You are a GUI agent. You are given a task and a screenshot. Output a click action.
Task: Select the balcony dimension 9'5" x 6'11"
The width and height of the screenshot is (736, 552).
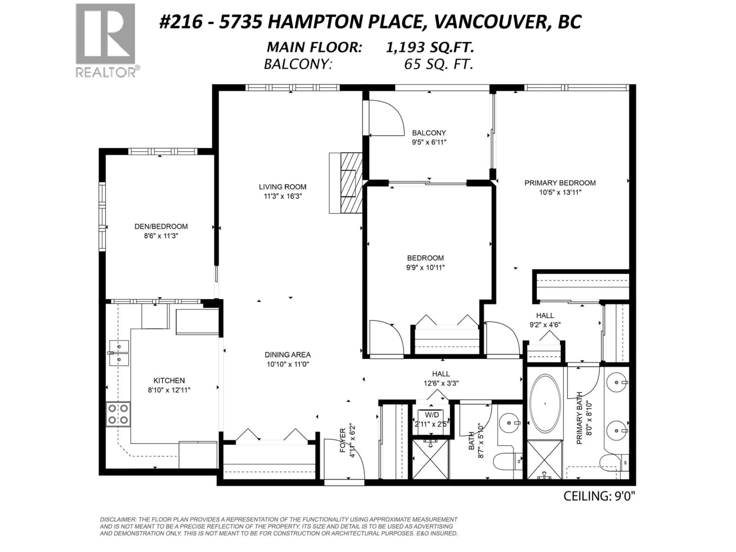[429, 142]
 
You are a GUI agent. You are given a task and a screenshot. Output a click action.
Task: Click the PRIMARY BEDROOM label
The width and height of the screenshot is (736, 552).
[560, 183]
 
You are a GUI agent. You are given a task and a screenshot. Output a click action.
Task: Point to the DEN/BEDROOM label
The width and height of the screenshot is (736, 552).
[161, 226]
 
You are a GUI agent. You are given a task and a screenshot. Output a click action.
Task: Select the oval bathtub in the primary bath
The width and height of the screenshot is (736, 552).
[545, 404]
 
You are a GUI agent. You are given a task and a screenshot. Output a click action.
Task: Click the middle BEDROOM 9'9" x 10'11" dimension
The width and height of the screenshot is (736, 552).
[425, 268]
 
